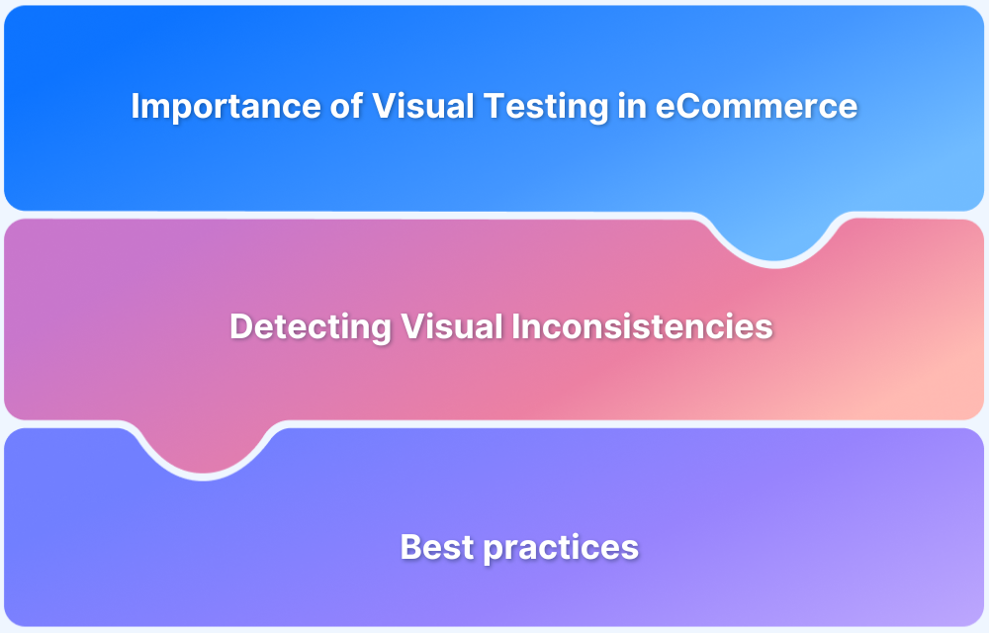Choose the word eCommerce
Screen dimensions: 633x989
[x=757, y=107]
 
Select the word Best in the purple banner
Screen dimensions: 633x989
[x=436, y=547]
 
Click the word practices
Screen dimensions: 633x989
[x=560, y=547]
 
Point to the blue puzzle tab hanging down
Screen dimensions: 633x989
[x=774, y=237]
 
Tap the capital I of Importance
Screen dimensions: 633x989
[x=135, y=107]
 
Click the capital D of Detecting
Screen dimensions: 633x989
[x=240, y=327]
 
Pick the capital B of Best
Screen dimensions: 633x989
[x=410, y=547]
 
